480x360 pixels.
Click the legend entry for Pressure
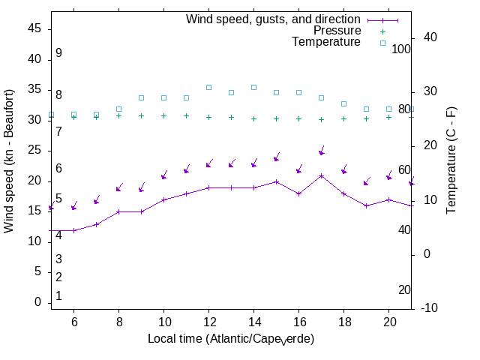[x=337, y=31]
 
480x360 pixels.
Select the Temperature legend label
[x=326, y=42]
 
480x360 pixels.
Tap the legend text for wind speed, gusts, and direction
[x=274, y=19]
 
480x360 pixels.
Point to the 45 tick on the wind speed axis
[x=35, y=28]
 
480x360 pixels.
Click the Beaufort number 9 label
[x=58, y=53]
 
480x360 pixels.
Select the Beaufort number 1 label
[x=58, y=296]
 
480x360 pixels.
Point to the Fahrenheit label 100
[x=402, y=49]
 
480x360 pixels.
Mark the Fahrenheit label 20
[x=404, y=289]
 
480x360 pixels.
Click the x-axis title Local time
[x=230, y=339]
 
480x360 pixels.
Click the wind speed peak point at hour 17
[x=321, y=175]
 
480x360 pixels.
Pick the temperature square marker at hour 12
[x=208, y=87]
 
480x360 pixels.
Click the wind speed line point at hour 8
[x=118, y=211]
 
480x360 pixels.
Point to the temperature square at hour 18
[x=343, y=103]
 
